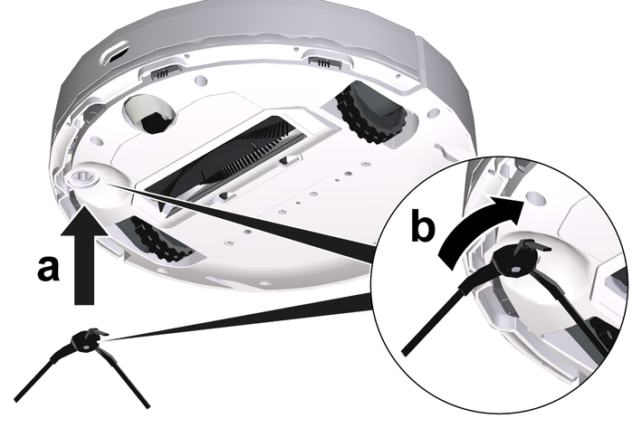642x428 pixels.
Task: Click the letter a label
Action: point(48,269)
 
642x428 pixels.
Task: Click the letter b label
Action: point(423,225)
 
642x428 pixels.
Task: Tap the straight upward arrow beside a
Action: point(85,253)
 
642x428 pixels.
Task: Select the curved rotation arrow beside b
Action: point(479,229)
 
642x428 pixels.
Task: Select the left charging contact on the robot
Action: point(162,73)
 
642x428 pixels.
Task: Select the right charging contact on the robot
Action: point(323,62)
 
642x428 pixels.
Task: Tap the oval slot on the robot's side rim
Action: point(117,53)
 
